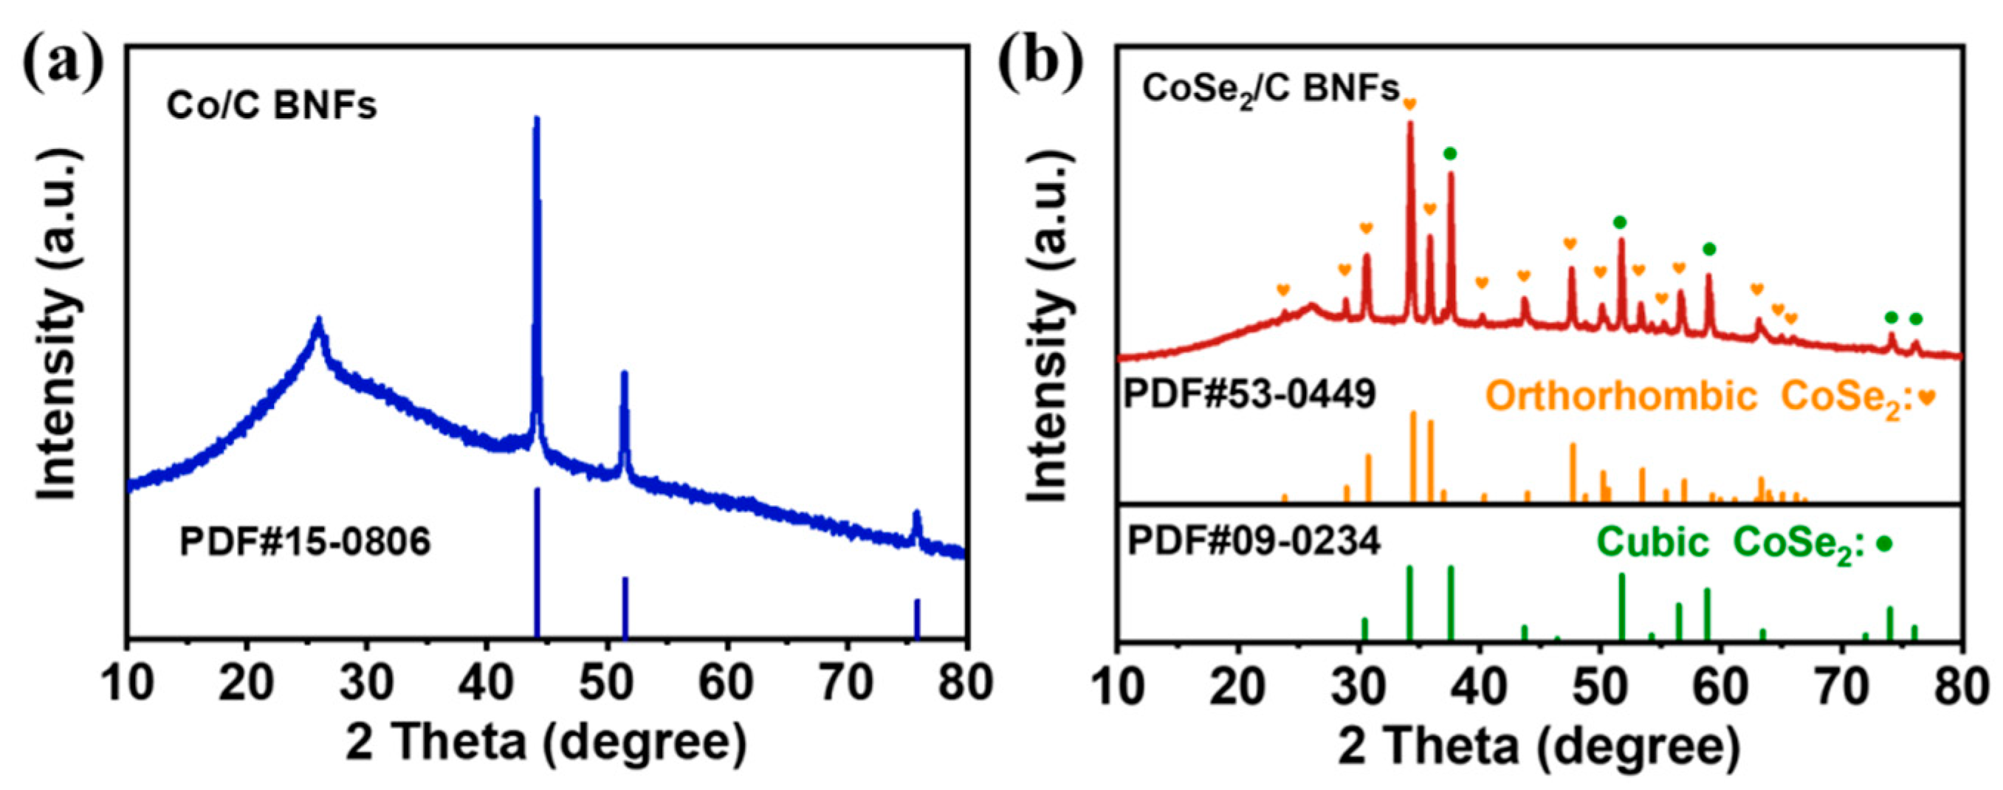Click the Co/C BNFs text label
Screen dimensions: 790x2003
coord(272,106)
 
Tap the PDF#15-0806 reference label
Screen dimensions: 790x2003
coord(305,541)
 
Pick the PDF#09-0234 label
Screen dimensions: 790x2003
coord(1254,541)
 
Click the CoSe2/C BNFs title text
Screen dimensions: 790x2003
coord(1270,90)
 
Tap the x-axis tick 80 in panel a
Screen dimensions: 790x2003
coord(964,684)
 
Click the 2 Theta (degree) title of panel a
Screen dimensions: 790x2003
coord(546,743)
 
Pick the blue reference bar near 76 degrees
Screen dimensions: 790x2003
coord(917,618)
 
